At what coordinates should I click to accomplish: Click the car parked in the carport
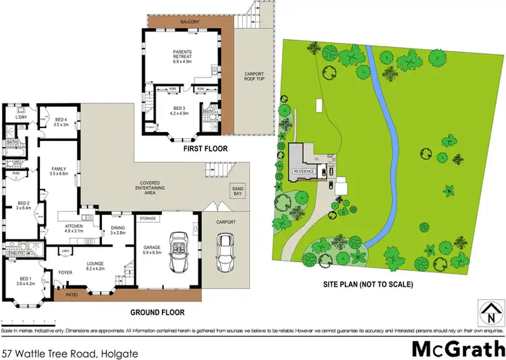pos(224,256)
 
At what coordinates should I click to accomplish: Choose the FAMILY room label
pos(58,171)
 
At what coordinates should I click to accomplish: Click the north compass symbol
pos(490,311)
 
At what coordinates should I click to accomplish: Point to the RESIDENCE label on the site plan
pos(302,171)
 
